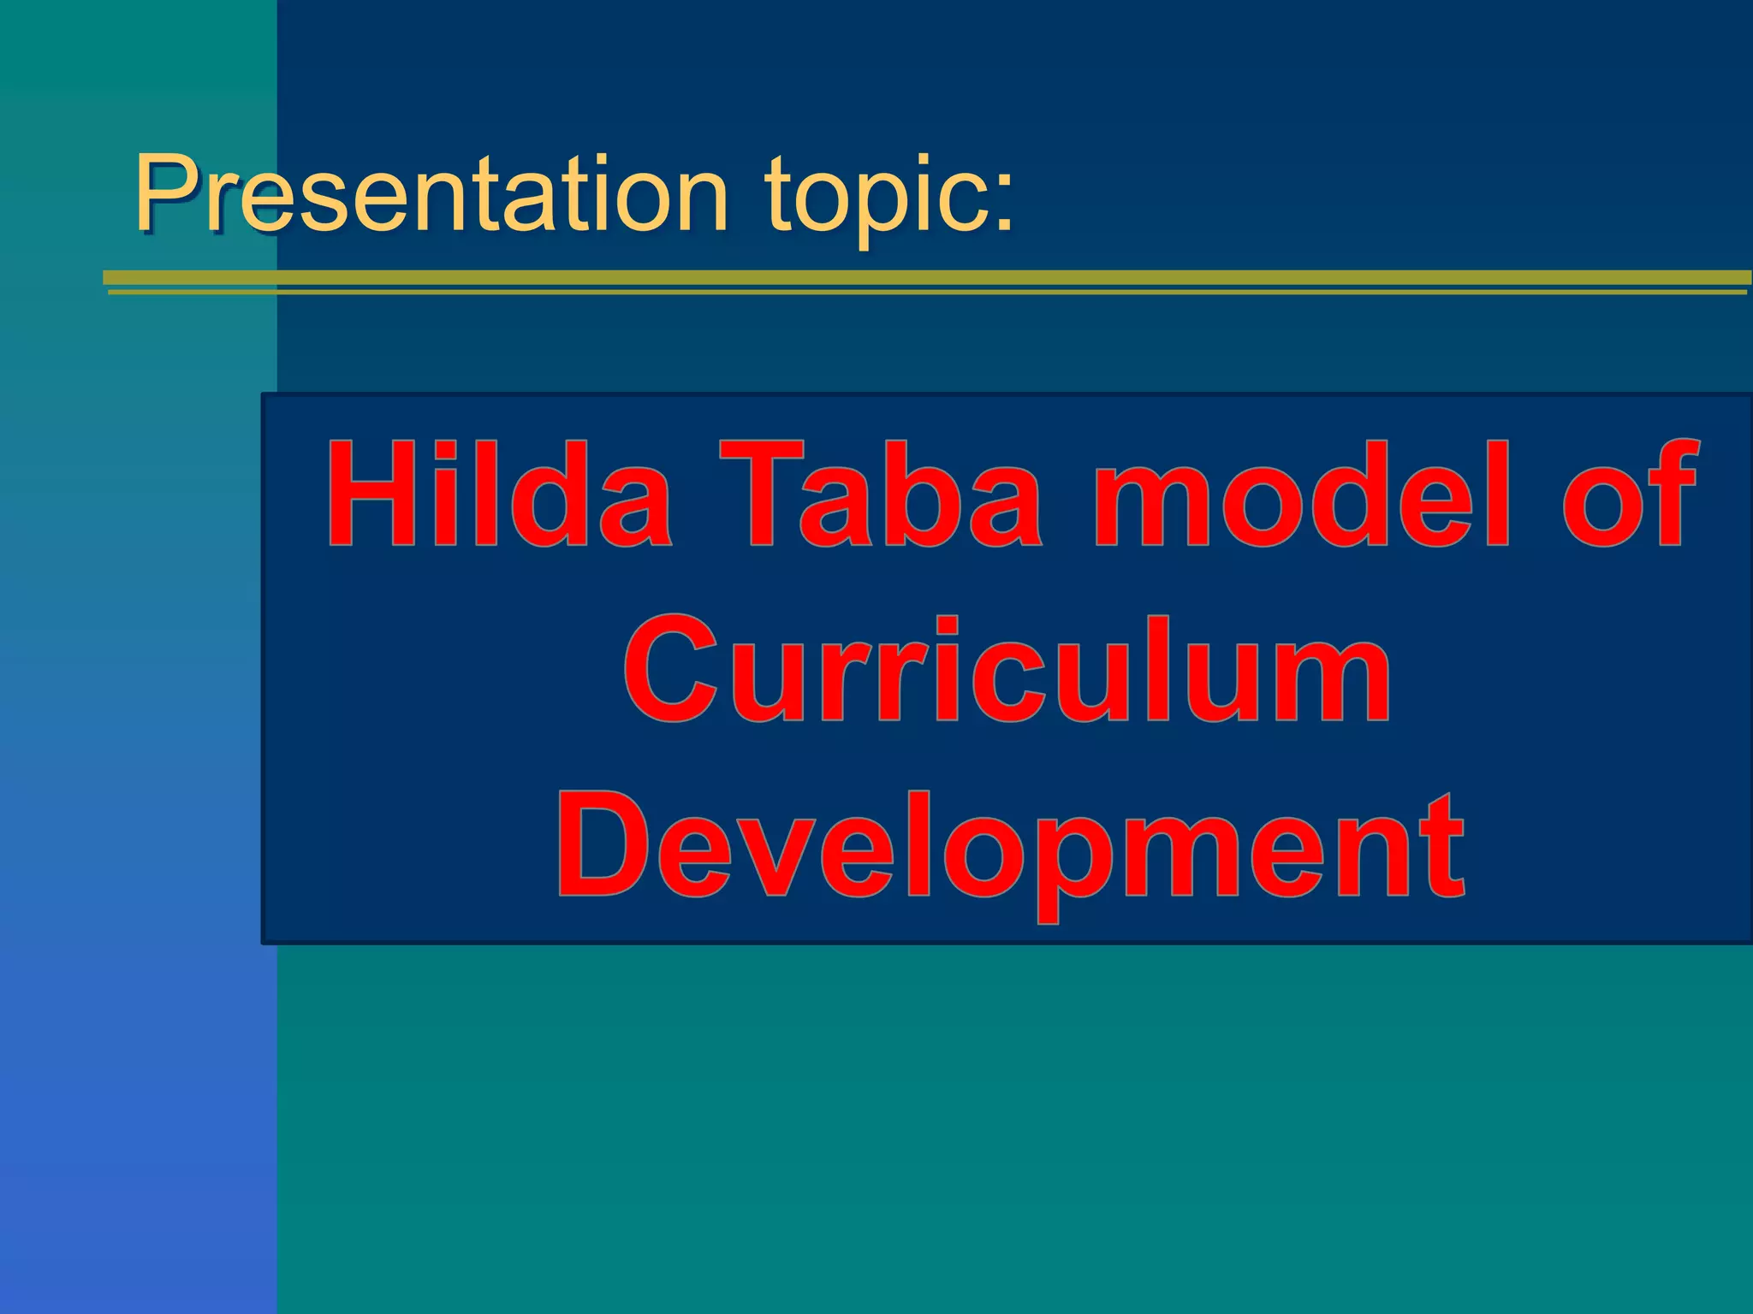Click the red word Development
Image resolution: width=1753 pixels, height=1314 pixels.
pyautogui.click(x=1010, y=847)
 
